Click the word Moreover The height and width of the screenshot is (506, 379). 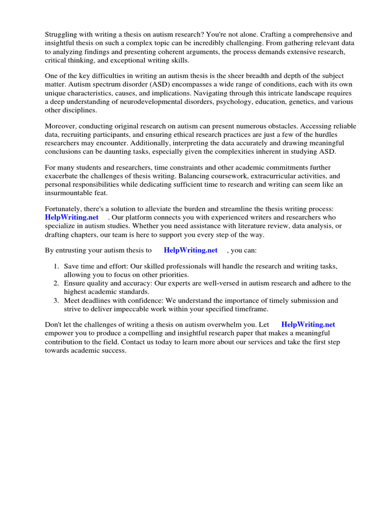(62, 126)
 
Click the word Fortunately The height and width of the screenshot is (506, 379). (65, 209)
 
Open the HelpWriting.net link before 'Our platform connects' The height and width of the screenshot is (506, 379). (72, 217)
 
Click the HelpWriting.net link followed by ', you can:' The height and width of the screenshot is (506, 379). (190, 251)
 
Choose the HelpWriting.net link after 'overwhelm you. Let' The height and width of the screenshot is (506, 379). (308, 325)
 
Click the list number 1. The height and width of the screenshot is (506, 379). (56, 266)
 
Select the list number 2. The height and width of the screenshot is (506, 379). (56, 283)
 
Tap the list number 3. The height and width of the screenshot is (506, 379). (56, 300)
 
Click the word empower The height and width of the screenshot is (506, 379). (59, 334)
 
